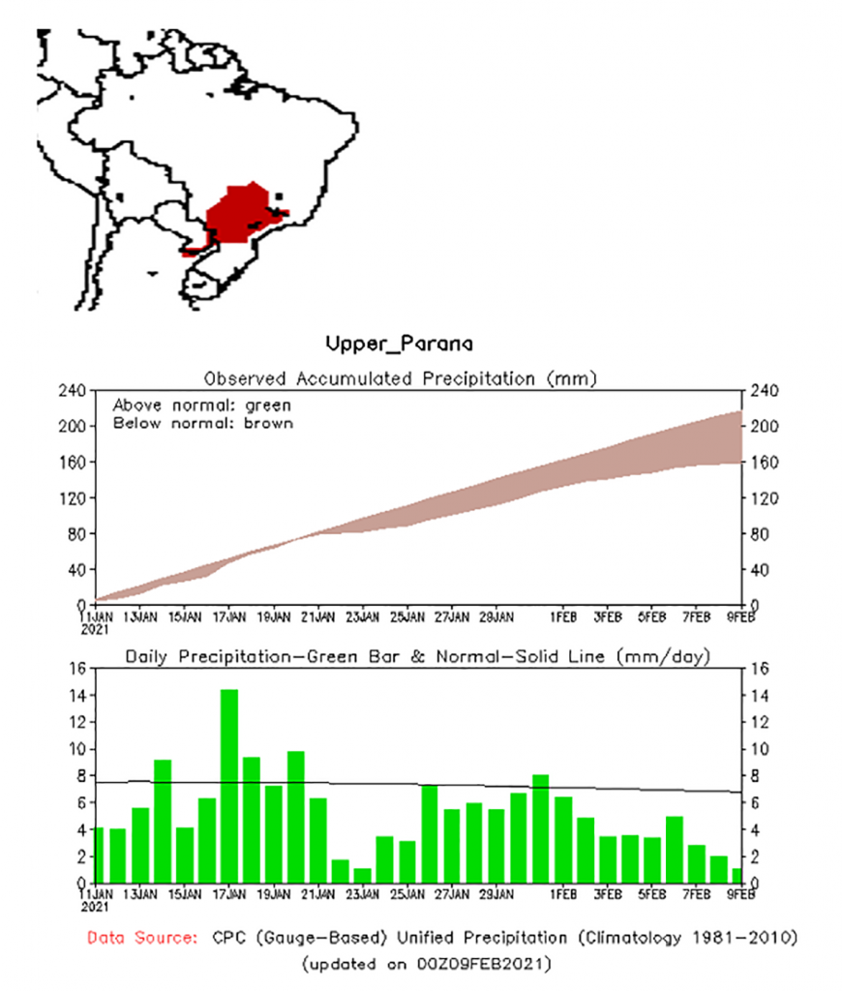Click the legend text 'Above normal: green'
(201, 405)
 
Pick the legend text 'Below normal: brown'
(202, 423)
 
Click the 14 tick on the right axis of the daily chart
(758, 696)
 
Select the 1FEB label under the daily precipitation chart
(563, 894)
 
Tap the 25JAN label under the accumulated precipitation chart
(407, 616)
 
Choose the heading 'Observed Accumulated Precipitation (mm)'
(400, 377)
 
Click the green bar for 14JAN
(163, 821)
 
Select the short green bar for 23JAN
(362, 875)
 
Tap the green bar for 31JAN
(541, 828)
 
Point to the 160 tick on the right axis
(758, 462)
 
